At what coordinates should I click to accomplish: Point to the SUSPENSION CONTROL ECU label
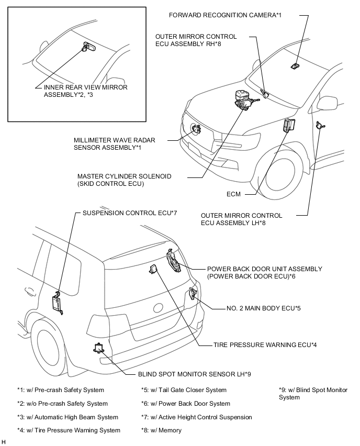click(x=130, y=213)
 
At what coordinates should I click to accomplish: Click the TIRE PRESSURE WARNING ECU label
click(x=265, y=344)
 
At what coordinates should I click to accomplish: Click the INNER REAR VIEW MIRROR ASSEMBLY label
click(x=85, y=91)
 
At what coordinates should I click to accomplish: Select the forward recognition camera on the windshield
click(x=296, y=65)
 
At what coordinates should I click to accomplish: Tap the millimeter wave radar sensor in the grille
click(x=197, y=128)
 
